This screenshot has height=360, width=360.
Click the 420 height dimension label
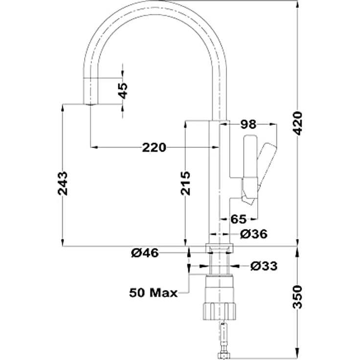click(298, 123)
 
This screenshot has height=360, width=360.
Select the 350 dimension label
click(297, 297)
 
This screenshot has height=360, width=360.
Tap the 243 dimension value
click(63, 183)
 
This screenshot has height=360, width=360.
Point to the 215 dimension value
click(185, 183)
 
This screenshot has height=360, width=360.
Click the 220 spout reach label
click(154, 147)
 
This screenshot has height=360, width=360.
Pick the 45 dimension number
click(123, 90)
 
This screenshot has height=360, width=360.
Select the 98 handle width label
click(248, 124)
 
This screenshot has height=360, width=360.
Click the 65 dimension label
click(239, 219)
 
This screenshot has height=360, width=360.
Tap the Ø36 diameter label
click(254, 234)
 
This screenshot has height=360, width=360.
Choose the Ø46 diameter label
click(145, 253)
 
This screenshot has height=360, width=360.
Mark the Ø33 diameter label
click(264, 266)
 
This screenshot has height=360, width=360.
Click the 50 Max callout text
click(154, 292)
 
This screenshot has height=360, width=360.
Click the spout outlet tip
click(90, 104)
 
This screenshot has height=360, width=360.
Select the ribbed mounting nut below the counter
click(220, 311)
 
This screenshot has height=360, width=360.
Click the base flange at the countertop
click(220, 248)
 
